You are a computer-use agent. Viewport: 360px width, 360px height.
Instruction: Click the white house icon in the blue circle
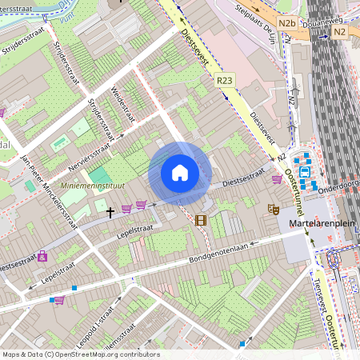point(180,173)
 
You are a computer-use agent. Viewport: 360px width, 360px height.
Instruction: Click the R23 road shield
point(225,80)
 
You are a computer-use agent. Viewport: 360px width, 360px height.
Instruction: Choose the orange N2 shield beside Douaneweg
point(339,30)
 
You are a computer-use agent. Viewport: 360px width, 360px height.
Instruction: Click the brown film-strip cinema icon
point(200,220)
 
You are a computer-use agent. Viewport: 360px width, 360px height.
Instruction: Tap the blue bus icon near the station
point(304,170)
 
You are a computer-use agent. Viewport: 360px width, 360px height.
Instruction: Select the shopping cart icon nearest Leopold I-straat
point(58,301)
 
